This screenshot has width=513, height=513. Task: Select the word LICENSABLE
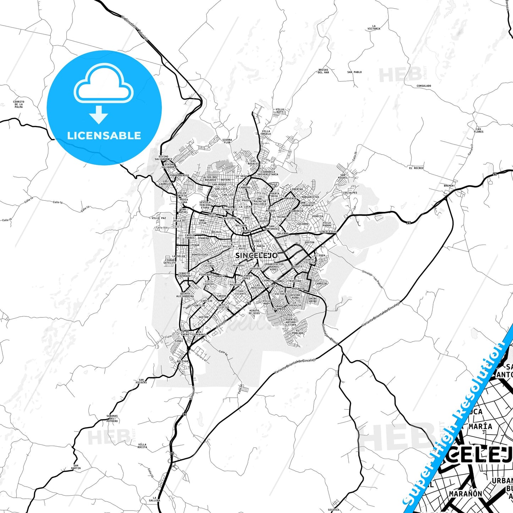point(104,135)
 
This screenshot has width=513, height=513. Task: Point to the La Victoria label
point(373,27)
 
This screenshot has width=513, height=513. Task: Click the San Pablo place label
point(354,72)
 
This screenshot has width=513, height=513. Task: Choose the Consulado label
point(424,86)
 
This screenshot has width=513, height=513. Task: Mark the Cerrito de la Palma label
point(18,104)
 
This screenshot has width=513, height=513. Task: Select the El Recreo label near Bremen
point(416,168)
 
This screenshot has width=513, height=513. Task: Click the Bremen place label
point(448,186)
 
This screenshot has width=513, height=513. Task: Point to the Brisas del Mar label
point(323,71)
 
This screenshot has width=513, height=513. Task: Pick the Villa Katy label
point(280,111)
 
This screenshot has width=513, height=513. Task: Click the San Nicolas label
point(141,381)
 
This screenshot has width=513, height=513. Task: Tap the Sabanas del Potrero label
point(112,418)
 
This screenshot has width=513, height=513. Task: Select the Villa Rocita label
point(142,446)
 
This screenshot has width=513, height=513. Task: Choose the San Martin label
point(76,467)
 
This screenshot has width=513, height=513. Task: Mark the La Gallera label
point(154,499)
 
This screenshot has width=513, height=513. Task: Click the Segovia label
point(333,510)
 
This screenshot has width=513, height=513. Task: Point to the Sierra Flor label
point(227,141)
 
